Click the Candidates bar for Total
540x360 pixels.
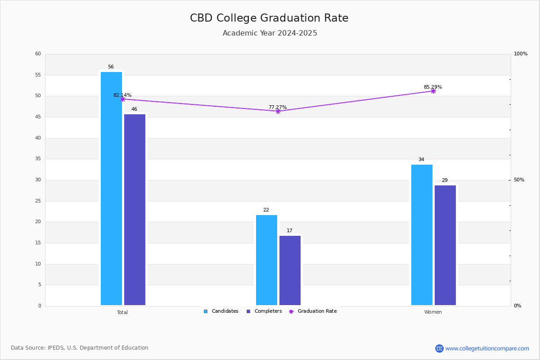click(111, 189)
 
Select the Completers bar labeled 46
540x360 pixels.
click(135, 210)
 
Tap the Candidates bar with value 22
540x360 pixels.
click(266, 260)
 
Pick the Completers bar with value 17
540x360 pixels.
click(290, 270)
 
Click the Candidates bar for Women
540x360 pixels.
click(422, 235)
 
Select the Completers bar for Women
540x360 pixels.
click(445, 245)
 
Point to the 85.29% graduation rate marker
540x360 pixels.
click(433, 91)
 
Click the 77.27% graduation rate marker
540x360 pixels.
click(278, 111)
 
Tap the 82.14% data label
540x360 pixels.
click(122, 95)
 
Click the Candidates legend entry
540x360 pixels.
click(221, 311)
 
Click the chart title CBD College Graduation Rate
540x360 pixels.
click(269, 18)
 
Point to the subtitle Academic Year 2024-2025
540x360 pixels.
click(270, 33)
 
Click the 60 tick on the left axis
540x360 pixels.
click(38, 54)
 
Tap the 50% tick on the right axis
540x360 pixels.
click(519, 180)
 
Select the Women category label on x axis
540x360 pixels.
click(433, 312)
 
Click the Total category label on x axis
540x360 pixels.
click(122, 312)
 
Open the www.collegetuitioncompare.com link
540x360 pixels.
click(487, 348)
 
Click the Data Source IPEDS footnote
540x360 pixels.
click(80, 348)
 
